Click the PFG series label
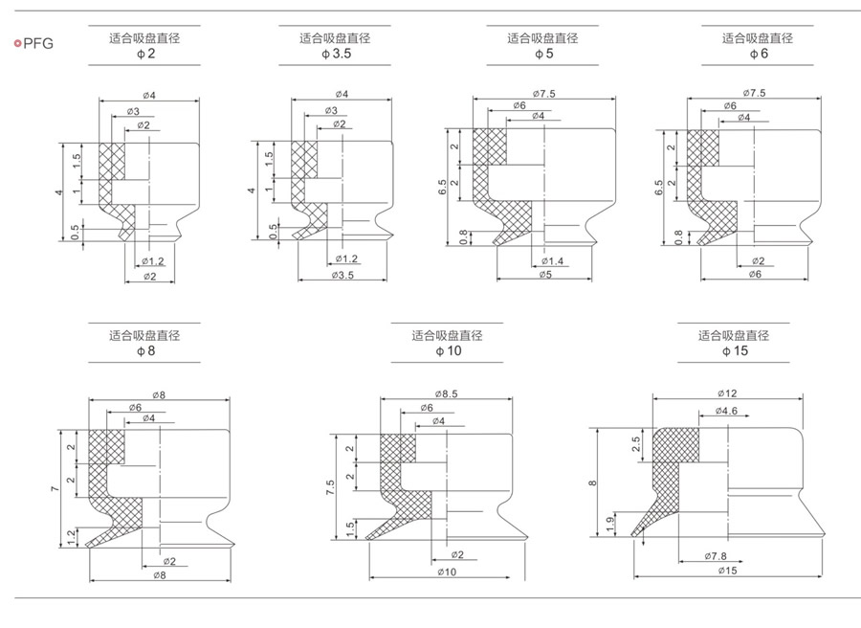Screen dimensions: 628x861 click(x=38, y=43)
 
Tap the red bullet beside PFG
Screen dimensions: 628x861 click(x=16, y=43)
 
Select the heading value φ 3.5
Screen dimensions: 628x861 click(x=335, y=56)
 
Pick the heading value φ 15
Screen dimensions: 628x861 click(x=734, y=351)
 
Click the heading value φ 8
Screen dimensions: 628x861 click(x=144, y=351)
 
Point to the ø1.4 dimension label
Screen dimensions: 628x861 click(x=555, y=260)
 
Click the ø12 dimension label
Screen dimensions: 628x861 click(x=728, y=393)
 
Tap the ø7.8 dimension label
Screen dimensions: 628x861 click(x=720, y=555)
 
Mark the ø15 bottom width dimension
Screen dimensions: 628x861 click(x=728, y=571)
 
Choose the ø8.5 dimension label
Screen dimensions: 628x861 click(x=447, y=393)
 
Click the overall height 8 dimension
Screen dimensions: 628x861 click(x=593, y=483)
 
